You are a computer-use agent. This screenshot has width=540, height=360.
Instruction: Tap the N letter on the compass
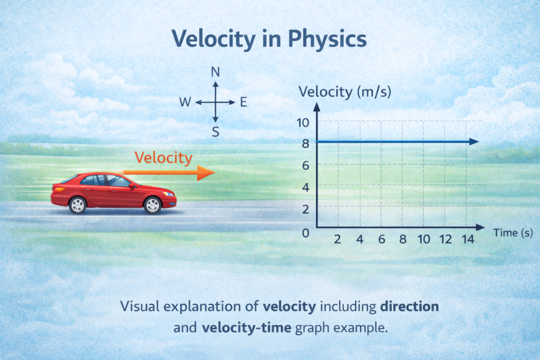[x=215, y=73]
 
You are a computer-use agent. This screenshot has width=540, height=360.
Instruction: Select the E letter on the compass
[x=243, y=102]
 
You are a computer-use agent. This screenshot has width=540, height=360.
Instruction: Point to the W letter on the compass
[x=185, y=102]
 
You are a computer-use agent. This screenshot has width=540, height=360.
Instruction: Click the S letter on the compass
[x=215, y=132]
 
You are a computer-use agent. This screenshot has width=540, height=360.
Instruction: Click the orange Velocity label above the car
[x=163, y=157]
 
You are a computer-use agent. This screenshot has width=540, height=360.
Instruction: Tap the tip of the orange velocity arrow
[x=213, y=172]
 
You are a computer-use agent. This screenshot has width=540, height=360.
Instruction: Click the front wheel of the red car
[x=152, y=205]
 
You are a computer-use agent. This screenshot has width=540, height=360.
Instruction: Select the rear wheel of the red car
[x=78, y=205]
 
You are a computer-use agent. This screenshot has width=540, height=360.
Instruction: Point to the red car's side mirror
[x=131, y=186]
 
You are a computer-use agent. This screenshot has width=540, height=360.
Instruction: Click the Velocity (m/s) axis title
[x=345, y=92]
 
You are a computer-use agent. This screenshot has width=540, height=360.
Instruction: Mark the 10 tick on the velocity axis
[x=302, y=122]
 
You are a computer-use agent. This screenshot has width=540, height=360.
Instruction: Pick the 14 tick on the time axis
[x=467, y=240]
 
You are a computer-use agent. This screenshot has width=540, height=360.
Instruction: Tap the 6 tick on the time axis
[x=381, y=240]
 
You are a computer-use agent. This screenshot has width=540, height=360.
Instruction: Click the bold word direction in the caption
[x=410, y=306]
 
